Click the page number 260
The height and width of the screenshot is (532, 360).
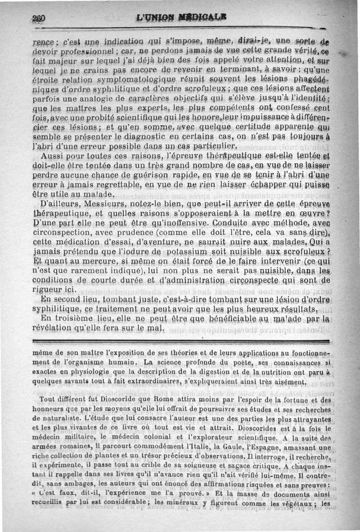coord(39,18)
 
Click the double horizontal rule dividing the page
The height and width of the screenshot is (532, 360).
coord(180,341)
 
